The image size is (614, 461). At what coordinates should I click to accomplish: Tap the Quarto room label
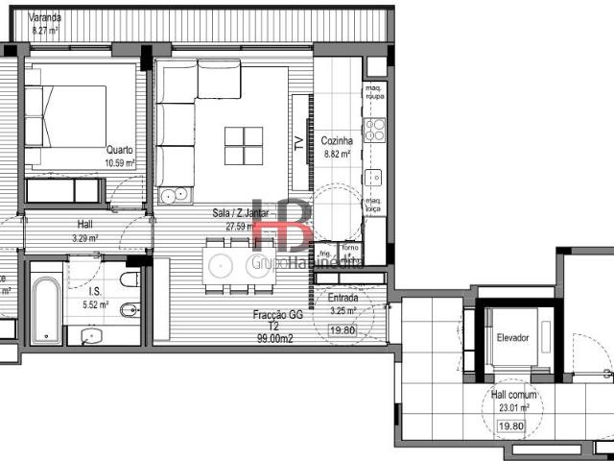[120, 150]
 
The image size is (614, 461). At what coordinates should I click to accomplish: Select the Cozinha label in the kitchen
[337, 139]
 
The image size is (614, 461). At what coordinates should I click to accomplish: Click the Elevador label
[512, 337]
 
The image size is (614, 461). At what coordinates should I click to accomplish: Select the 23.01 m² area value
[511, 406]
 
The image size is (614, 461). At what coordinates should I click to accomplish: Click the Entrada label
[343, 299]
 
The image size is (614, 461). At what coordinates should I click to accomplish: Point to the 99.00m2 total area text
[274, 338]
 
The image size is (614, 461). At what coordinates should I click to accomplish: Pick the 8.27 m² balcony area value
[45, 31]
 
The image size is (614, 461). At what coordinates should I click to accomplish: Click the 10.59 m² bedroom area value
[120, 162]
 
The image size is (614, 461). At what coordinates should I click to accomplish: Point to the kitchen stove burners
[374, 129]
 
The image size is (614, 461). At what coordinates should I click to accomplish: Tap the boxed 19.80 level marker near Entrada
[342, 331]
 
